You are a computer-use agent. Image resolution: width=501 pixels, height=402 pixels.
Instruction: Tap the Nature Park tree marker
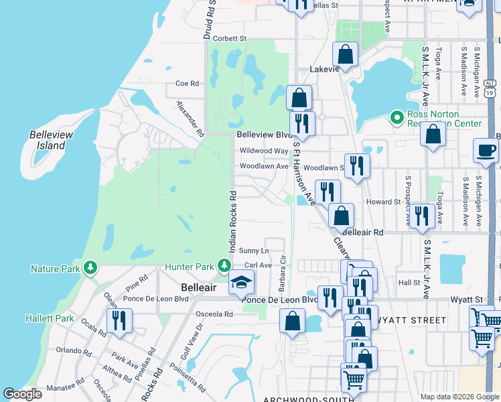[90, 269]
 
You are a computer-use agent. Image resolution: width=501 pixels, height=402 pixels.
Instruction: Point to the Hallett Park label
[50, 318]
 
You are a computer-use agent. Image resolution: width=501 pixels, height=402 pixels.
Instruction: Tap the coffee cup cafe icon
[486, 151]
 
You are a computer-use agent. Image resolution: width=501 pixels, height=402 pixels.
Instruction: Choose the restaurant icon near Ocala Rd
[119, 321]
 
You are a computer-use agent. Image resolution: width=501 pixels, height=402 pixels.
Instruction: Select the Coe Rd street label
[188, 84]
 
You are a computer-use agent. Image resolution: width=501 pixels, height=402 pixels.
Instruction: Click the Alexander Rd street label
[190, 118]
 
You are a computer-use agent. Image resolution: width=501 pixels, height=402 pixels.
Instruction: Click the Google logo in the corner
[22, 394]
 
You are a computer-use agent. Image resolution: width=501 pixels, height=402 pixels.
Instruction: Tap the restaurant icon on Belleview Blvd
[302, 124]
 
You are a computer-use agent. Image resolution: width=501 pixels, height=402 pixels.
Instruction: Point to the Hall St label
[409, 283]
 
